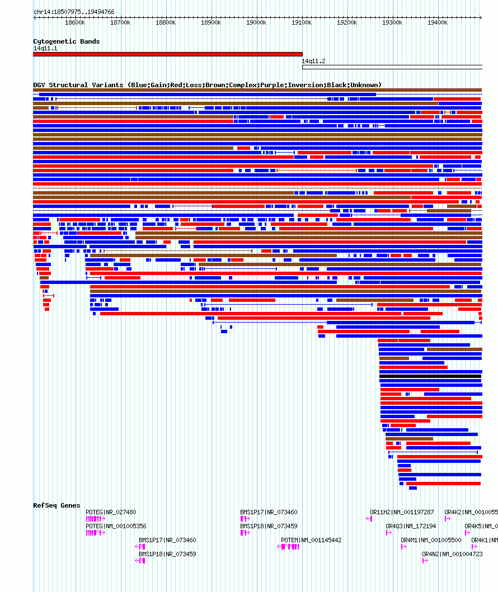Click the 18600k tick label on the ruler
click(x=75, y=22)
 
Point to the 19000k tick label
click(x=256, y=22)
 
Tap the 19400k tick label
click(x=438, y=22)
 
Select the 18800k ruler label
click(x=166, y=22)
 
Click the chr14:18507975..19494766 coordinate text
click(x=74, y=12)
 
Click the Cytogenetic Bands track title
click(x=66, y=41)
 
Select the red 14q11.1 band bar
click(x=167, y=54)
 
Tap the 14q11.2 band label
click(x=313, y=61)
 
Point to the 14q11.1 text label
click(x=45, y=48)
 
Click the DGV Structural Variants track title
click(x=207, y=85)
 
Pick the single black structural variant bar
click(x=430, y=376)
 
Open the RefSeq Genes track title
click(x=57, y=505)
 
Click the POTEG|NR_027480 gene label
click(x=111, y=512)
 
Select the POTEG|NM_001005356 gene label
click(x=116, y=526)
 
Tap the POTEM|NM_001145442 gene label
click(x=311, y=540)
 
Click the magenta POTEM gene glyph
click(x=289, y=547)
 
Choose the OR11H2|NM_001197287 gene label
click(x=402, y=512)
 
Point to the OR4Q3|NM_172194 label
click(x=411, y=526)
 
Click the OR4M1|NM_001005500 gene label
click(x=431, y=540)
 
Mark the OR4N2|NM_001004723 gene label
click(x=452, y=554)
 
